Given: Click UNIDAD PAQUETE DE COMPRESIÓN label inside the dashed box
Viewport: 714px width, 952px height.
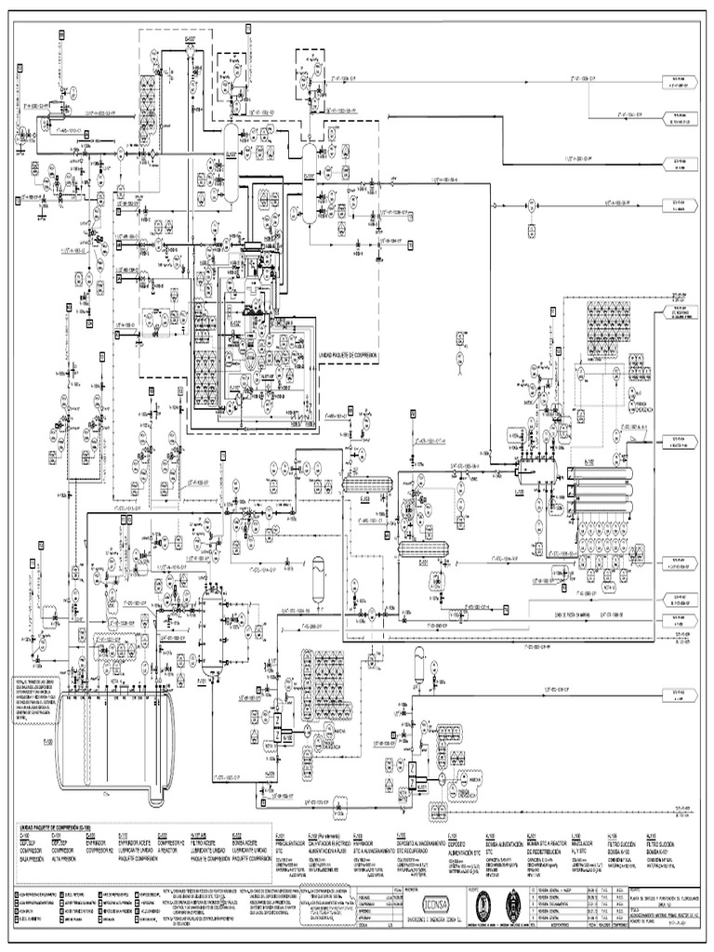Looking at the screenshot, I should pos(353,355).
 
